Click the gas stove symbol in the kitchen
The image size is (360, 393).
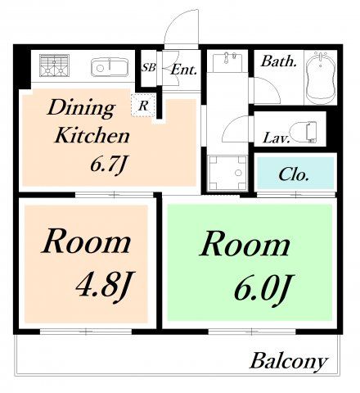tap(54, 65)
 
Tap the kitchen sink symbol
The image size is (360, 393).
tap(110, 67)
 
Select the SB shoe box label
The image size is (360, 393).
tap(149, 67)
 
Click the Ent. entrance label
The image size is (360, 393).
tap(183, 70)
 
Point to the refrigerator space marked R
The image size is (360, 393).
tap(143, 106)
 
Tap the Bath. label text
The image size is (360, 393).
tap(278, 61)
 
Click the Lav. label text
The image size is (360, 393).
tap(276, 138)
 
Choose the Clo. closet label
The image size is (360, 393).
tap(294, 174)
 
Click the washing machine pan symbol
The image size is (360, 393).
tap(227, 173)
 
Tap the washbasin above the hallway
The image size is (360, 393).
tap(227, 61)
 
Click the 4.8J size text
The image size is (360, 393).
tap(105, 287)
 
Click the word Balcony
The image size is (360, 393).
tap(289, 362)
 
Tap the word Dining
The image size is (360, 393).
tap(81, 108)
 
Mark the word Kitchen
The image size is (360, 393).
tap(92, 135)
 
